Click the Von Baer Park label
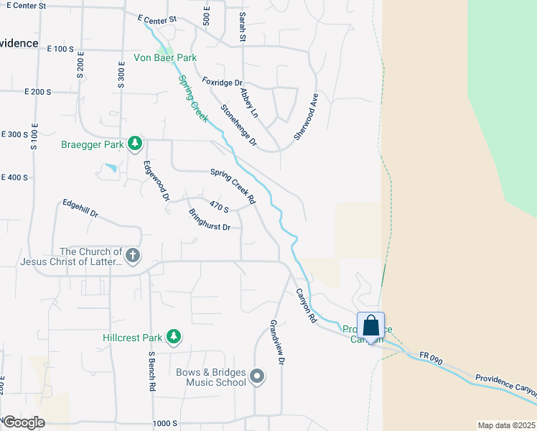165,57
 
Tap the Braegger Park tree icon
134,144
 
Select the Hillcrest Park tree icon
173,336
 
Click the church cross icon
132,255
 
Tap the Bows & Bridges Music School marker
258,376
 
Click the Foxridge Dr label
223,83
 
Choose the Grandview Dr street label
278,341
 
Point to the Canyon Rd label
306,305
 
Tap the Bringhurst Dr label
209,219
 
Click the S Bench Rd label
152,371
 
